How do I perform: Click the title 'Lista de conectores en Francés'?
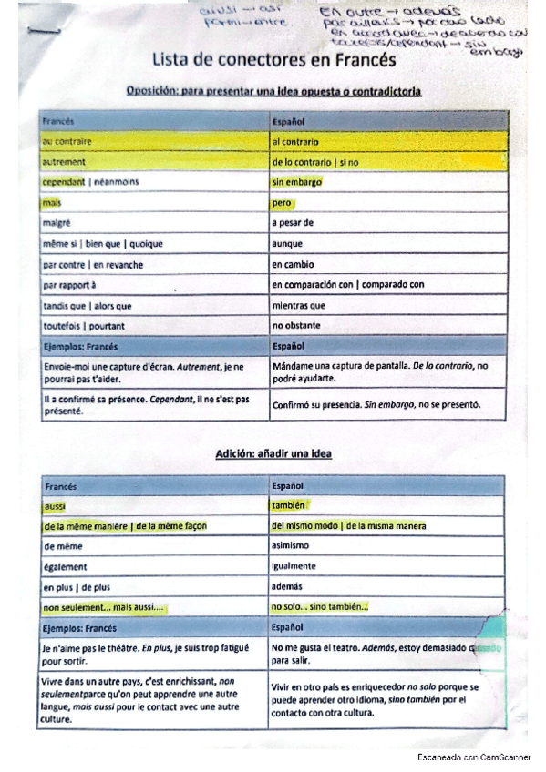coord(274,62)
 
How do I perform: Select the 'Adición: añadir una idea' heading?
coord(273,453)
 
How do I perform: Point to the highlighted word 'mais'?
coord(51,203)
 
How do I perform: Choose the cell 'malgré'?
coord(57,223)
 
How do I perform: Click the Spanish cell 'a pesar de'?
coord(293,223)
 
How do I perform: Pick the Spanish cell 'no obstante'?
coord(296,326)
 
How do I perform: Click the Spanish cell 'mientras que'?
coord(298,306)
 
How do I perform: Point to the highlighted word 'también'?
coord(288,505)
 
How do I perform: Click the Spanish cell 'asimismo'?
coord(291,546)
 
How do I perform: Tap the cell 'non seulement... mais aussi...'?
coord(105,607)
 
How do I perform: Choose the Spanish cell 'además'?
coord(287,587)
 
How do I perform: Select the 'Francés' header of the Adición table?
coord(60,486)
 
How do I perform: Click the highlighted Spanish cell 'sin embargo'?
coord(296,182)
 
